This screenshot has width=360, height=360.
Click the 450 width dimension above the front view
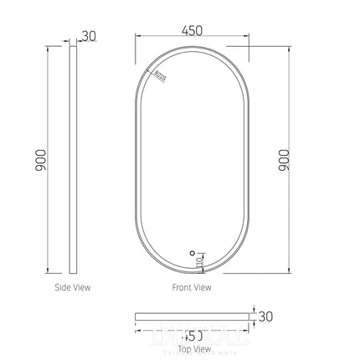click(x=192, y=30)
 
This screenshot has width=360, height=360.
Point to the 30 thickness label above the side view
click(x=90, y=35)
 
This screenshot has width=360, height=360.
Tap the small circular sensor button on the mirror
click(x=191, y=249)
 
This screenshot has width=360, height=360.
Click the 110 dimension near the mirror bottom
click(x=199, y=262)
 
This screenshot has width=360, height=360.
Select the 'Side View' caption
click(x=73, y=287)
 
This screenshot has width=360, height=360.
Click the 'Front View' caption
click(x=193, y=287)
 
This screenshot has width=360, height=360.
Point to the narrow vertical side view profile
click(x=74, y=159)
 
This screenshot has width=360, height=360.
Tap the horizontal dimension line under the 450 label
click(x=192, y=39)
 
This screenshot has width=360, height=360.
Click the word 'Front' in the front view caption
click(x=183, y=287)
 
